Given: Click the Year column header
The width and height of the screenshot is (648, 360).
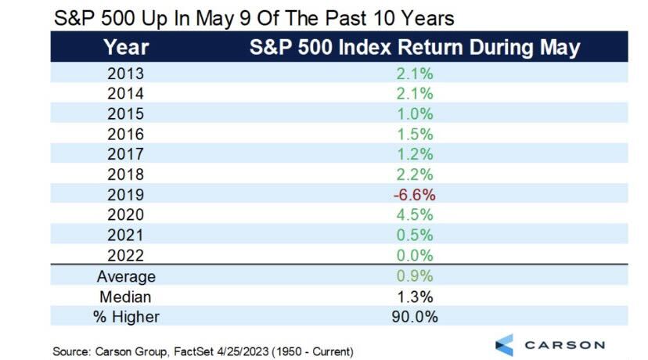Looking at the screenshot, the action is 126,47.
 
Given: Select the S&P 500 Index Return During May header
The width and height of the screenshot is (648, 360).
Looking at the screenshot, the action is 415,48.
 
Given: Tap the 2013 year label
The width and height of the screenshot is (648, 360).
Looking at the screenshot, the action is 126,74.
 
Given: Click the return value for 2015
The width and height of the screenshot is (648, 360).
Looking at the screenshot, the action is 415,113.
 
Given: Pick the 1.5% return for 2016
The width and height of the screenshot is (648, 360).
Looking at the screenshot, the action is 415,134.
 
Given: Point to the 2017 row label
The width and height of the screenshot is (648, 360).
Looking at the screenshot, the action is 126,154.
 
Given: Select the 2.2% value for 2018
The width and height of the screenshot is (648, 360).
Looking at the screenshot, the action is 415,175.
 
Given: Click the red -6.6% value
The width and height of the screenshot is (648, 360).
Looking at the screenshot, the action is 415,195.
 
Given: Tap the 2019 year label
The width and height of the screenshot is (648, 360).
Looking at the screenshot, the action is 126,195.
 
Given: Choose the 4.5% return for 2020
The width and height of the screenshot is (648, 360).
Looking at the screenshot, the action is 415,215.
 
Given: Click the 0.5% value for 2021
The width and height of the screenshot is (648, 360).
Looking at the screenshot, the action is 415,236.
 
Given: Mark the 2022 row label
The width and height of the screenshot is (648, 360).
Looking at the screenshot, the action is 126,255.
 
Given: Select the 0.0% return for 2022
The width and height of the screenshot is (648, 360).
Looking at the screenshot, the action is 415,255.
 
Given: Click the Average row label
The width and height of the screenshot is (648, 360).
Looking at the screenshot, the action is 126,276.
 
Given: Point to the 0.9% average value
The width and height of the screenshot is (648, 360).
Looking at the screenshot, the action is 415,276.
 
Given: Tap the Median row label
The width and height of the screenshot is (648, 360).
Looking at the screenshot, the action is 126,297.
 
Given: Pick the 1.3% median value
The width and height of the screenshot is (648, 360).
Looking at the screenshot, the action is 415,297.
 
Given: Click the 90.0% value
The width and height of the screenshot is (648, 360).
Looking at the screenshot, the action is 415,317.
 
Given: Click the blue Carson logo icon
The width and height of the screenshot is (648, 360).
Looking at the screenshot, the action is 505,345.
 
